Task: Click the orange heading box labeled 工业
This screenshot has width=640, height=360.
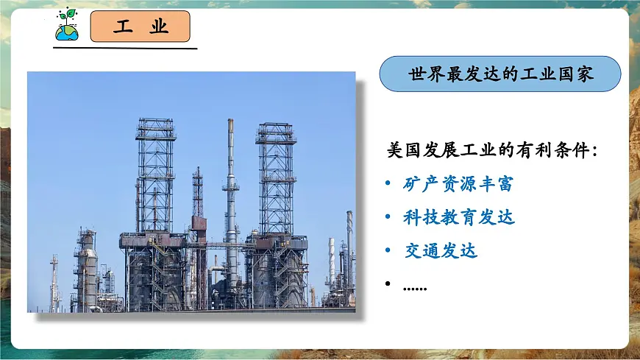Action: click(141, 27)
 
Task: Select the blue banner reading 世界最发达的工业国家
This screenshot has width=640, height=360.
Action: click(500, 74)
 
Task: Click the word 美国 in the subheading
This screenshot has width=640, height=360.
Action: click(404, 149)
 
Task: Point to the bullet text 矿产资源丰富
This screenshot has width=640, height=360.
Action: click(458, 183)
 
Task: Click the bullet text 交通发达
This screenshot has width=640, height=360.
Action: click(441, 251)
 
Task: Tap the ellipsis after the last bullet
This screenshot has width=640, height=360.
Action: click(415, 287)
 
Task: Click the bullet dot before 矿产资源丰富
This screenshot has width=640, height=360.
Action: click(388, 184)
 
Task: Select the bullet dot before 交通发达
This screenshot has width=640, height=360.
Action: click(388, 252)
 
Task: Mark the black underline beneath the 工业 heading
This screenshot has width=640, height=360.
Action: click(126, 49)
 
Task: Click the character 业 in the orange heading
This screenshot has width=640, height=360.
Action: click(159, 27)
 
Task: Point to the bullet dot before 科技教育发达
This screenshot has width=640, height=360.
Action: click(388, 218)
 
